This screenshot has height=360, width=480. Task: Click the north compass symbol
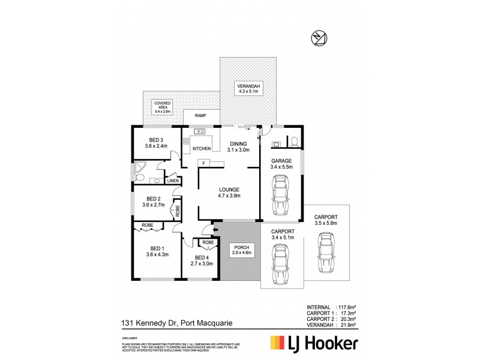coord(319,38)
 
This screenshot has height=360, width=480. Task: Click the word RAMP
coord(200,115)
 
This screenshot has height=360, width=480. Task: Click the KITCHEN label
coord(202,148)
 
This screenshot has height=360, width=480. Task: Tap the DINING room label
coord(239,146)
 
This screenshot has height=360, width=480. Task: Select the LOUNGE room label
coord(229,191)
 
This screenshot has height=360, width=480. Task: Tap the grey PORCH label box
coord(242,251)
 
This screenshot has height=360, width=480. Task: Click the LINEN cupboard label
coord(173,180)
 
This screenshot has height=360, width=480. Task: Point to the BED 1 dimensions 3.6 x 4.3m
coord(157,254)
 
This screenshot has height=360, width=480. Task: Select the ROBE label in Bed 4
coord(208,243)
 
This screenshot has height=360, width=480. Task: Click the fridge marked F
coord(204,163)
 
